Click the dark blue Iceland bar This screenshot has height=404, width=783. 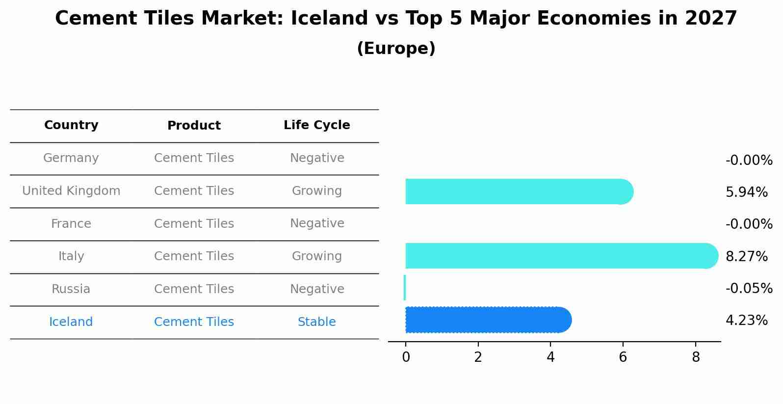pos(488,320)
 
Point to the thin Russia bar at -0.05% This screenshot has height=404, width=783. pos(405,288)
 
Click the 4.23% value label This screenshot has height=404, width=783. pos(746,321)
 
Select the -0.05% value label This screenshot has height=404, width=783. pos(749,289)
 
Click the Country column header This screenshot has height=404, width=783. pos(71,125)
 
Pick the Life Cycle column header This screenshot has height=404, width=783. pos(316,125)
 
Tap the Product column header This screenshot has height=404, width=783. pos(194,126)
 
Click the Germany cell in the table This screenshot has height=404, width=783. pos(71,158)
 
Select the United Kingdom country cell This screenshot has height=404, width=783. pos(71,191)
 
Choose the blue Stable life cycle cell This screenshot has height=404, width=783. pos(316,322)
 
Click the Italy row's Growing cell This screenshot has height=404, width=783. pos(316,256)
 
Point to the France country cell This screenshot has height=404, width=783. pos(71,224)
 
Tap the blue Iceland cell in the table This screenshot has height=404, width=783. pos(71,322)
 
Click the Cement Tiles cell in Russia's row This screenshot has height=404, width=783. pos(194,289)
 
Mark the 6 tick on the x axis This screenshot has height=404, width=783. pos(623,357)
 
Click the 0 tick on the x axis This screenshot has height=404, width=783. pos(406,357)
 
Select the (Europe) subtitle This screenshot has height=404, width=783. pos(396,49)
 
